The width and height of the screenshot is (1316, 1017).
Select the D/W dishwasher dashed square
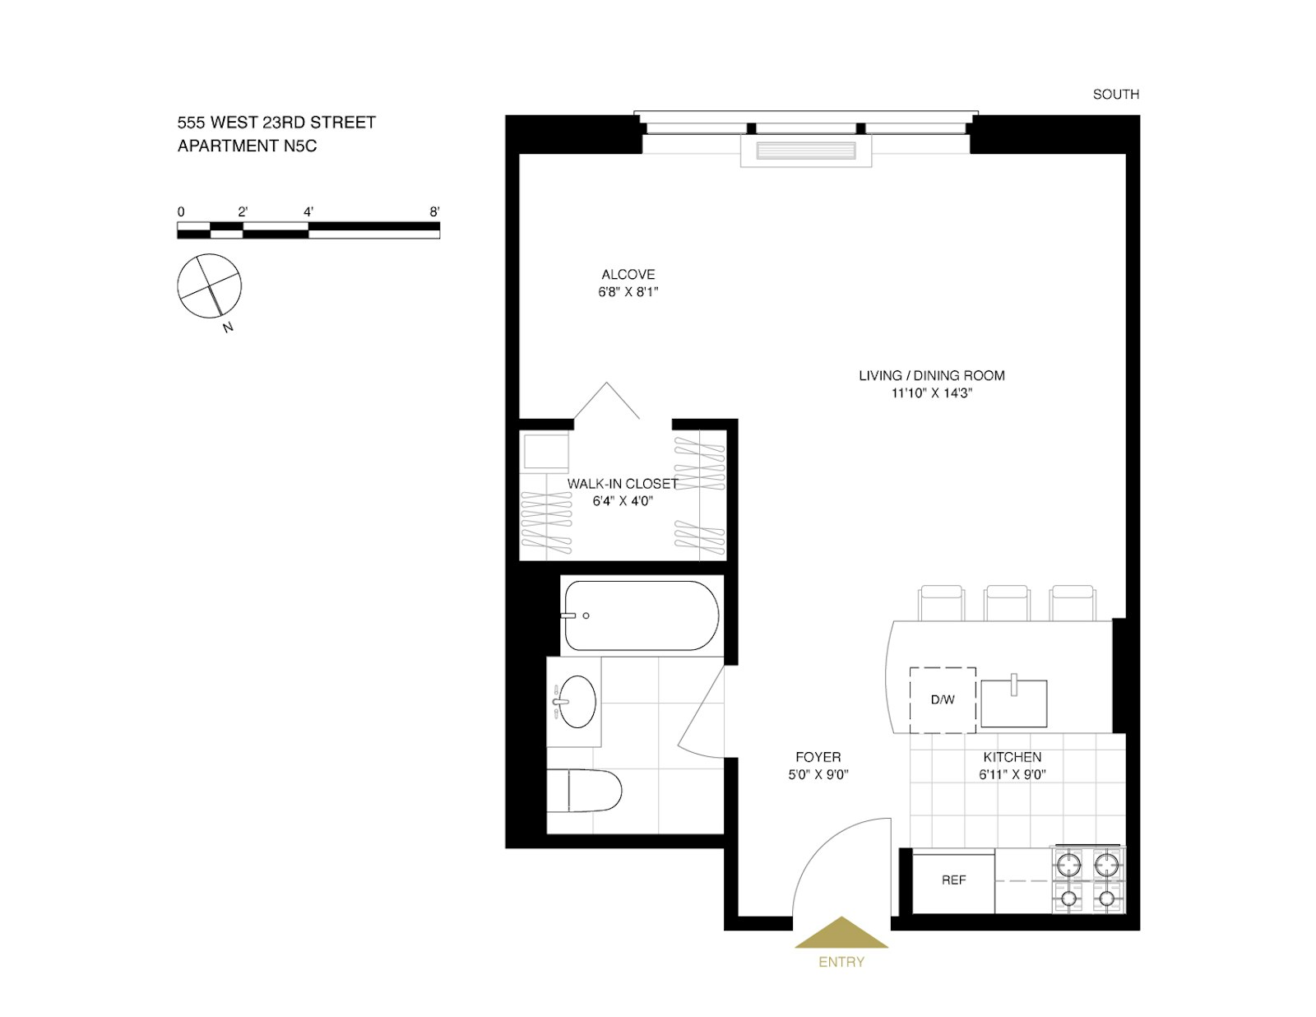943,700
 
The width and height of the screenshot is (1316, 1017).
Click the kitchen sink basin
1014,704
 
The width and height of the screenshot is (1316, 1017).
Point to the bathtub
640,615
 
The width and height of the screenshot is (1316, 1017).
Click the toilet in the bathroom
586,792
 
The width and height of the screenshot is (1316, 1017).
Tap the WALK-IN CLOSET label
623,484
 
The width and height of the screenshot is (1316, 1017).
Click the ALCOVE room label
628,275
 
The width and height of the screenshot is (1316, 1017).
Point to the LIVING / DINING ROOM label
932,376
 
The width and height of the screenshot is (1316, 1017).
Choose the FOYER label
818,757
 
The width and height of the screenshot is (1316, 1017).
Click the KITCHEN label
1012,757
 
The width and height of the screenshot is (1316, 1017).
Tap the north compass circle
210,286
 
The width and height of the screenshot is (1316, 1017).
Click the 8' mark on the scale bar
434,212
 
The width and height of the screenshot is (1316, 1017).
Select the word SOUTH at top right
1116,95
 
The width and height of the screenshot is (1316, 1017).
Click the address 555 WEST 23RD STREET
276,123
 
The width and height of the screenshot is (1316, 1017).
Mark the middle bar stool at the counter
1007,602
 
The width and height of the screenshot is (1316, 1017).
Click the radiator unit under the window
806,152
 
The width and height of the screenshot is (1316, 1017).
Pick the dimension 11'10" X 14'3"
932,393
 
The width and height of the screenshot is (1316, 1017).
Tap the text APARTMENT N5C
248,146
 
